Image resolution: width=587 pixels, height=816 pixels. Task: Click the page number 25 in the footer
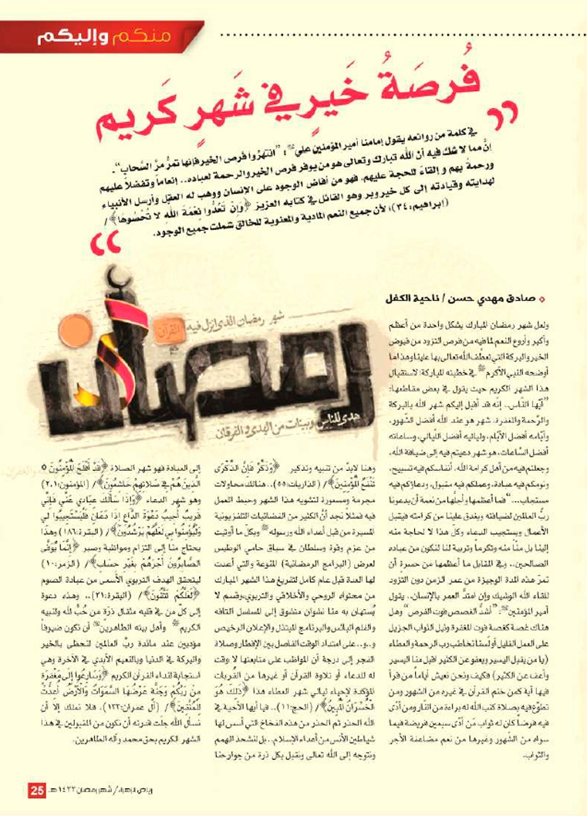pyautogui.click(x=37, y=793)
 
